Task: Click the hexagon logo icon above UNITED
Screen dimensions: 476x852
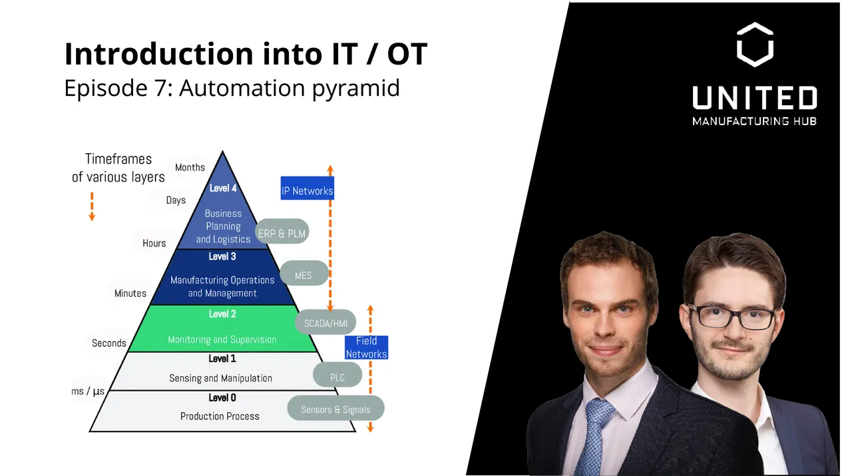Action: pos(754,45)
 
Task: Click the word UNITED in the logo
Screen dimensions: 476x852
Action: pos(754,99)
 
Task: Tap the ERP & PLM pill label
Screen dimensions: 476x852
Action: pos(282,234)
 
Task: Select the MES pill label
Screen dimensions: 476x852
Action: pos(303,275)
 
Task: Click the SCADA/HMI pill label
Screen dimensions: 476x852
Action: pos(325,324)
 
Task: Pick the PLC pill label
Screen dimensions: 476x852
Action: pos(337,377)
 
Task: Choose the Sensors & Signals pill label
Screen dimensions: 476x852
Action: pos(335,409)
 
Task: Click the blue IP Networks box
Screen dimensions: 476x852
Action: pos(307,190)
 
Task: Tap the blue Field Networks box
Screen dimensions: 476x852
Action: pos(366,348)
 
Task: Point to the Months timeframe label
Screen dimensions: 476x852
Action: pos(190,167)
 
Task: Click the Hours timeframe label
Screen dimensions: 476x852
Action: pos(154,243)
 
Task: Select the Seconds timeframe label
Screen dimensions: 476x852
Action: pos(108,343)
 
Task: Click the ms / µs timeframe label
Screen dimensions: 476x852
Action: pos(88,391)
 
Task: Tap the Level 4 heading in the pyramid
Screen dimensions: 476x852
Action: pos(223,188)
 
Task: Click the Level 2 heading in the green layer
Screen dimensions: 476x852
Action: pos(222,314)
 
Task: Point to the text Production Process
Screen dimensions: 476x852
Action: pos(220,416)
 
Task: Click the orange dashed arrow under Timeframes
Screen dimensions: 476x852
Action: pos(92,206)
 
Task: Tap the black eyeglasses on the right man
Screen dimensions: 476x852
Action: pos(730,318)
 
